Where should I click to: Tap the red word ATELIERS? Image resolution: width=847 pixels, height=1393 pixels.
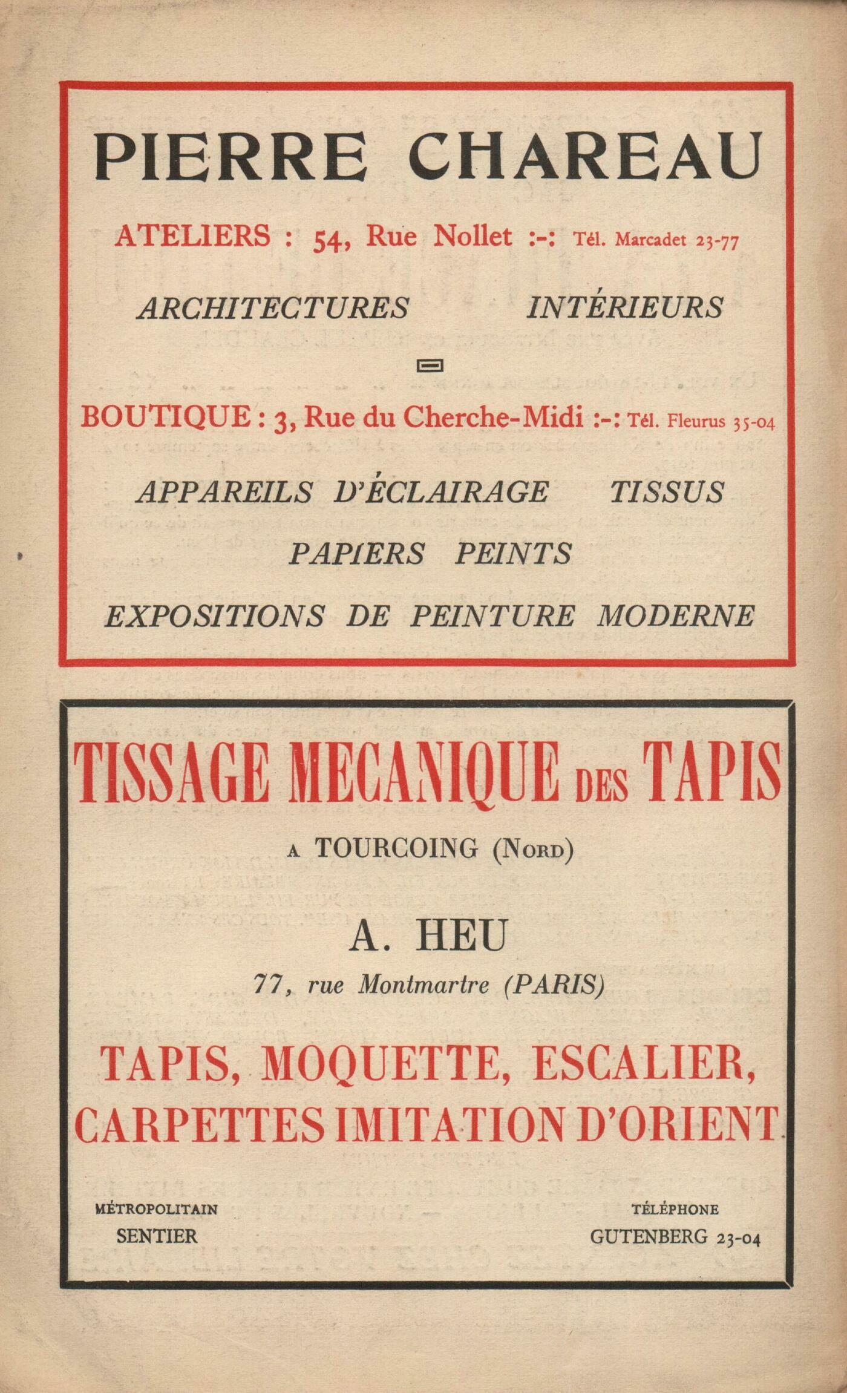pyautogui.click(x=192, y=237)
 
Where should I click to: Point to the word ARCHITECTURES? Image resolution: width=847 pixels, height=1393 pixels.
pyautogui.click(x=273, y=308)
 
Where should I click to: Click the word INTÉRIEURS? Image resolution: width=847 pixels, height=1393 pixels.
pyautogui.click(x=625, y=307)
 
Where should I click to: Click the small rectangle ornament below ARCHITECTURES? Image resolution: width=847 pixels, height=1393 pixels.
pyautogui.click(x=431, y=365)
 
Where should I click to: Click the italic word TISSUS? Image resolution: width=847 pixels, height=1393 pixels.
pyautogui.click(x=666, y=491)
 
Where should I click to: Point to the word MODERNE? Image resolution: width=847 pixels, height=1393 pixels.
pyautogui.click(x=676, y=617)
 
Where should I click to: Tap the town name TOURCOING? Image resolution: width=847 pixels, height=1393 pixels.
pyautogui.click(x=396, y=848)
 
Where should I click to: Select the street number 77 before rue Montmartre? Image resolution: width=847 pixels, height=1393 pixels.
pyautogui.click(x=267, y=986)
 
